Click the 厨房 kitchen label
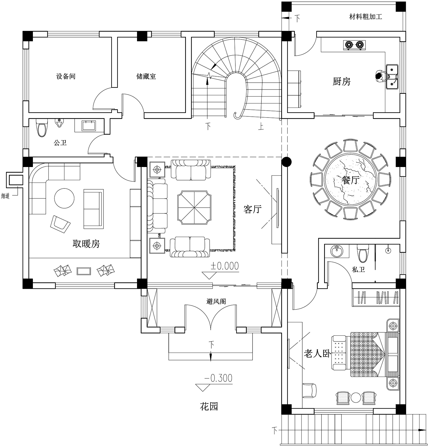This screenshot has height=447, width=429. coord(341,82)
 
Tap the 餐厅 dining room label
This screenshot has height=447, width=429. coord(350,180)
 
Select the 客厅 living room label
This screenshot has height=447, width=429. coord(253,209)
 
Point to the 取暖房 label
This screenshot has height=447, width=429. coord(86,244)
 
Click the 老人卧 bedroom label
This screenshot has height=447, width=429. coord(317,354)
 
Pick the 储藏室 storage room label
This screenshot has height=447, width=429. coord(146,76)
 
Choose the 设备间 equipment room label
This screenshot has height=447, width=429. coord(66,76)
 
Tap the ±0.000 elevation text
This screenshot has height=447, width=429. coord(225,266)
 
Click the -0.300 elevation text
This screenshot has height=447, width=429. coord(218,378)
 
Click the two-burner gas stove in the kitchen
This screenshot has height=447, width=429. coord(354,45)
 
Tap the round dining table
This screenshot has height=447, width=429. coord(351,180)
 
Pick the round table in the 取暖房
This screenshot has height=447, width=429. coord(64,198)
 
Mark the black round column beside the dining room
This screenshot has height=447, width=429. coord(286,162)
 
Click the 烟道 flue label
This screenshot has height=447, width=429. coord(5,196)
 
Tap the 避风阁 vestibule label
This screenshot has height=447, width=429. coord(216,301)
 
